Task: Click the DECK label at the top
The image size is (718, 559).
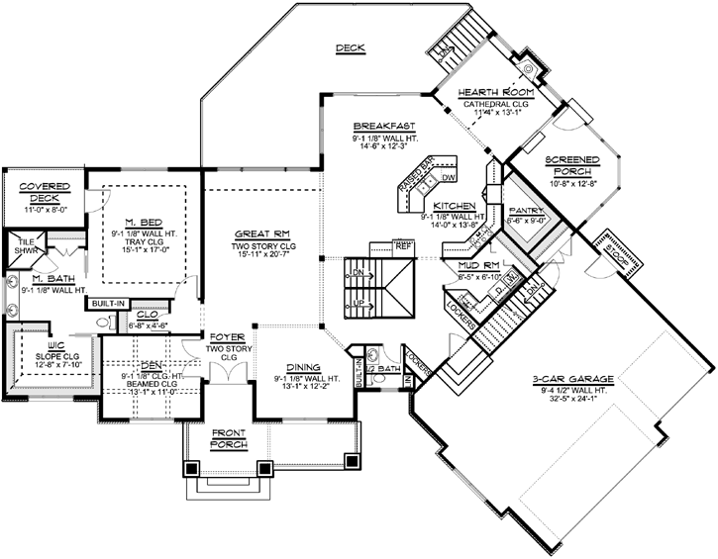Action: [350, 47]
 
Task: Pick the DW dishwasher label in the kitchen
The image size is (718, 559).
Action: [448, 178]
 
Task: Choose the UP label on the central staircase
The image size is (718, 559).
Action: [359, 302]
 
